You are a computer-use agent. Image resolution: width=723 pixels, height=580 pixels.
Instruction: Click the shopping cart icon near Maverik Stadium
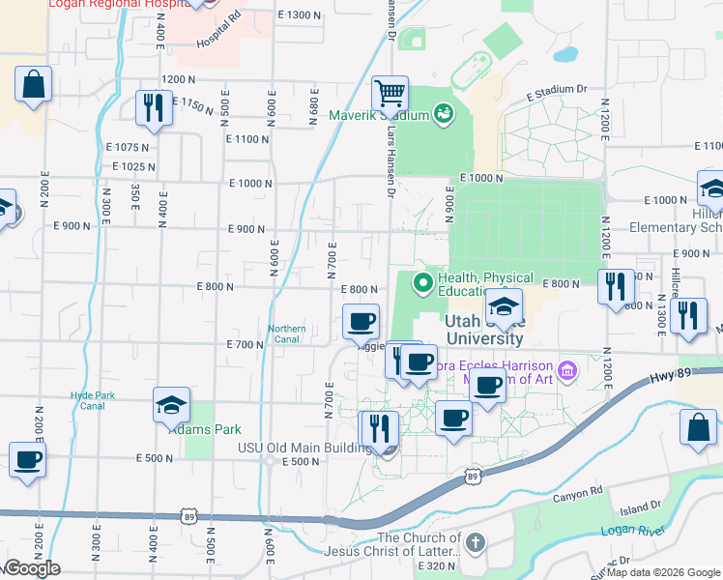click(x=390, y=95)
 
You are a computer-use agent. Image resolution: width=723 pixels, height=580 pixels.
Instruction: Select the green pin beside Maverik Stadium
click(x=444, y=114)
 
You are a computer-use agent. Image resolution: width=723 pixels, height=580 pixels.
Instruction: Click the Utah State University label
click(x=484, y=330)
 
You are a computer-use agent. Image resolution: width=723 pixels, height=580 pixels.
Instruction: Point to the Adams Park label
click(x=204, y=428)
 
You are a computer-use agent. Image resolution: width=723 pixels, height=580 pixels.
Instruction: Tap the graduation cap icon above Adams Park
click(x=171, y=405)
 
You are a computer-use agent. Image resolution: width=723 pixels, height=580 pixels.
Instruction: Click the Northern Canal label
click(x=286, y=334)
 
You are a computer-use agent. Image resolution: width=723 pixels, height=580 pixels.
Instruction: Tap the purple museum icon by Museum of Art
click(x=567, y=369)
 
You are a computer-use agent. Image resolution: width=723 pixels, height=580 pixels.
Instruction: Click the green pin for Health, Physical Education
click(x=421, y=283)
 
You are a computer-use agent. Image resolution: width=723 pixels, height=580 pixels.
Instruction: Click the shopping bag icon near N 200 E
click(x=33, y=84)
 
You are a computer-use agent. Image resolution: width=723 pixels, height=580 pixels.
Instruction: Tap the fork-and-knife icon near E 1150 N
click(x=153, y=108)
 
